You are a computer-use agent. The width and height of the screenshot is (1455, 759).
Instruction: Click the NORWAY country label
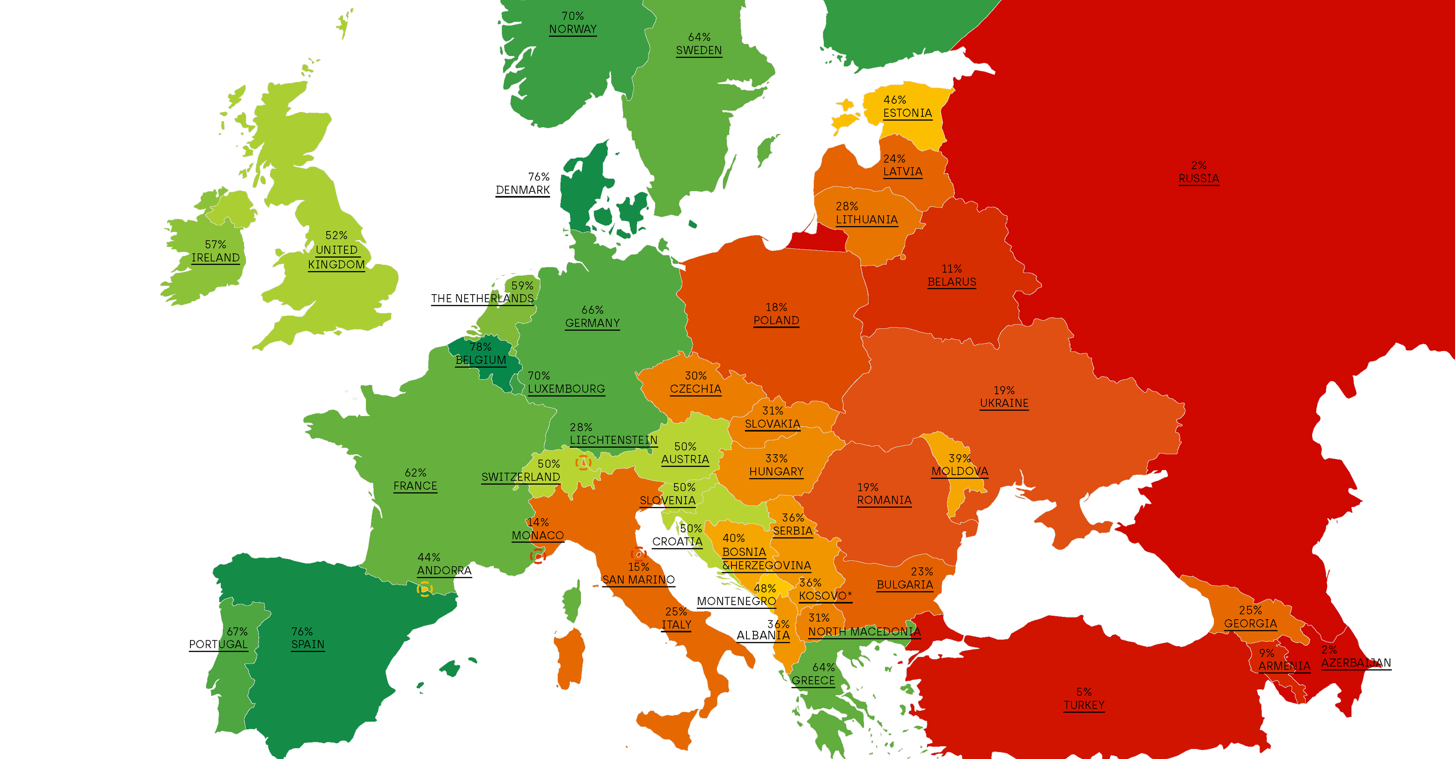coord(572,29)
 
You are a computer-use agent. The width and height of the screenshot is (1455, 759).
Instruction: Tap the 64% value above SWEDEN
coord(699,37)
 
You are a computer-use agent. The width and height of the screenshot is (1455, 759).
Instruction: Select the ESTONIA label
coord(907,113)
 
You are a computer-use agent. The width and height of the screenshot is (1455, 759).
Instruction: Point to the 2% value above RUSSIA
coord(1199,166)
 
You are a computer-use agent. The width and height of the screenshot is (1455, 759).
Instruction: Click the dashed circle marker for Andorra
coord(424,590)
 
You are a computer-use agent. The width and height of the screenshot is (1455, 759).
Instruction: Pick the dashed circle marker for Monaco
coord(537,557)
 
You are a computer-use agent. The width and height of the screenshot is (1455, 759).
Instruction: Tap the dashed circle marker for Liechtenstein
coord(583,463)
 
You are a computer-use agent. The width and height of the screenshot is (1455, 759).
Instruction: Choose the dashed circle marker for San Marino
coord(638,554)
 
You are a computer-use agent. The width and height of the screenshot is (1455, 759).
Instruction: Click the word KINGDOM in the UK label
coord(336,264)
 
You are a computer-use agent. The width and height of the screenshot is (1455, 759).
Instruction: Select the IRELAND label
coord(215,257)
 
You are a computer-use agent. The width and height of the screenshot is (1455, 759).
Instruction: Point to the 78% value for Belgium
coord(480,347)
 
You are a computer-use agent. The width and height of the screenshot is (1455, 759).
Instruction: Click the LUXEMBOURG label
coord(566,389)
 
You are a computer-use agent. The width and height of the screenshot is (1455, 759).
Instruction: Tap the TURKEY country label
coord(1083,705)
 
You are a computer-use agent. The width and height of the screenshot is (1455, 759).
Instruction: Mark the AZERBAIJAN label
coord(1356,663)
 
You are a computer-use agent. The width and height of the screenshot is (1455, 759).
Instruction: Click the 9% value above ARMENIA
coord(1266,653)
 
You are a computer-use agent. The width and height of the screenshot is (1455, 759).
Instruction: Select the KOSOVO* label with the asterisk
coord(825,596)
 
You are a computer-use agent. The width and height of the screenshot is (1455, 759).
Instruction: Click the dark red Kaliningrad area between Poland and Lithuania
coord(819,240)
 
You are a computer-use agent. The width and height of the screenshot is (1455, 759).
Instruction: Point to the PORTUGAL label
coord(218,644)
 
